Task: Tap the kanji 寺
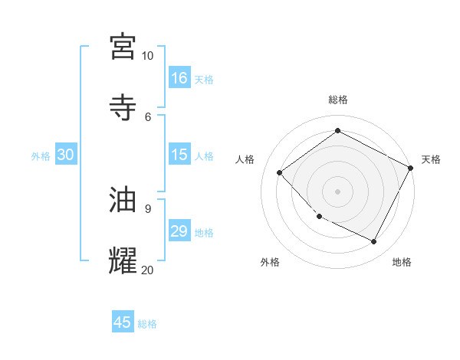[x=124, y=107]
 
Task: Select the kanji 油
[x=124, y=199]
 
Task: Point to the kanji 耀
[x=124, y=260]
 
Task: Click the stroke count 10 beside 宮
[x=148, y=56]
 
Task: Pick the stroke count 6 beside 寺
[x=148, y=116]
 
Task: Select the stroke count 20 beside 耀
[x=148, y=269]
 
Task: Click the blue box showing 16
[x=179, y=78]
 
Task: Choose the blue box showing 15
[x=179, y=155]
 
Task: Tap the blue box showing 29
[x=179, y=231]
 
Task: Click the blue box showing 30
[x=65, y=155]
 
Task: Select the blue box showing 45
[x=123, y=322]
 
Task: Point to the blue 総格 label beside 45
[x=147, y=324]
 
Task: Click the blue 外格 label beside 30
[x=41, y=156]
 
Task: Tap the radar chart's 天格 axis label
[x=431, y=159]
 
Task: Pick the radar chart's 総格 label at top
[x=338, y=100]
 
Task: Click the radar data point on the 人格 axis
[x=280, y=172]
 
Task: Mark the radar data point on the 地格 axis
[x=374, y=242]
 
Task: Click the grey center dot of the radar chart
[x=338, y=191]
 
